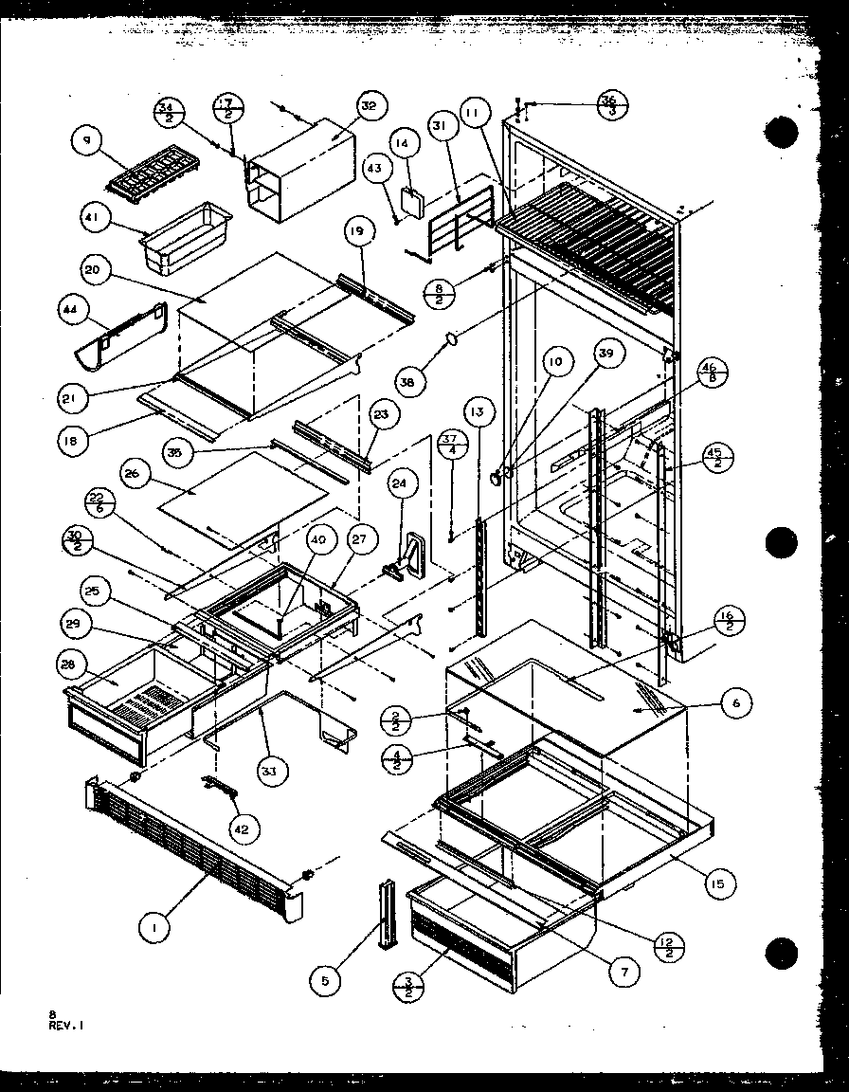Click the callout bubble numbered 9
click(x=87, y=142)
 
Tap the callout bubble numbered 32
click(x=369, y=107)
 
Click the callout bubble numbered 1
click(x=152, y=930)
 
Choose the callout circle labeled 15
click(x=719, y=884)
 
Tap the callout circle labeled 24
click(x=402, y=483)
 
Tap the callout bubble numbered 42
click(x=241, y=828)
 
